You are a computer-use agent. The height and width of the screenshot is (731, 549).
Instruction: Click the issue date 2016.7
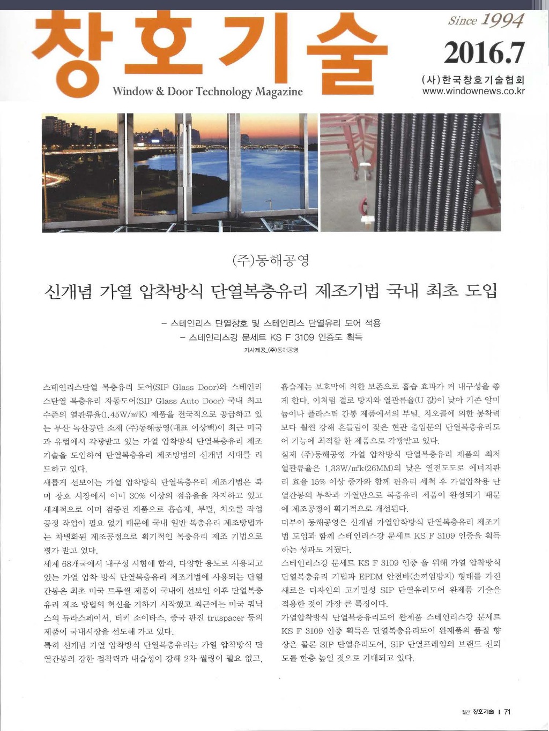pos(484,53)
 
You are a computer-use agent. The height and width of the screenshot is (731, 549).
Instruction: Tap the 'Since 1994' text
pos(486,20)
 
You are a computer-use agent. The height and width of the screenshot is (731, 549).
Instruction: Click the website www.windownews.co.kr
pos(473,91)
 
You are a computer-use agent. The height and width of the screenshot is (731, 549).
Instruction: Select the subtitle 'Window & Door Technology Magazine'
pos(207,92)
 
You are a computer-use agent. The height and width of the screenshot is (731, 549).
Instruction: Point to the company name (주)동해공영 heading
pos(271,261)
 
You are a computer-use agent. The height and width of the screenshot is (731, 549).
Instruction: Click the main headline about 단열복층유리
pos(271,291)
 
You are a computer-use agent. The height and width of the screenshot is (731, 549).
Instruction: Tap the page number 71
pos(507,712)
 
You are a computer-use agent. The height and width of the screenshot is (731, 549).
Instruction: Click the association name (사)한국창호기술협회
pos(473,80)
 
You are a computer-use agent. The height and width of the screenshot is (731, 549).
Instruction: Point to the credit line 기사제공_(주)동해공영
pos(271,350)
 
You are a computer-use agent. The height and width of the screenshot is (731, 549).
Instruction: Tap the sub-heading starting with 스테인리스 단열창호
pos(271,323)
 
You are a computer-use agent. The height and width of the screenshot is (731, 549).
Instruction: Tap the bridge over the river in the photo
pos(236,146)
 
